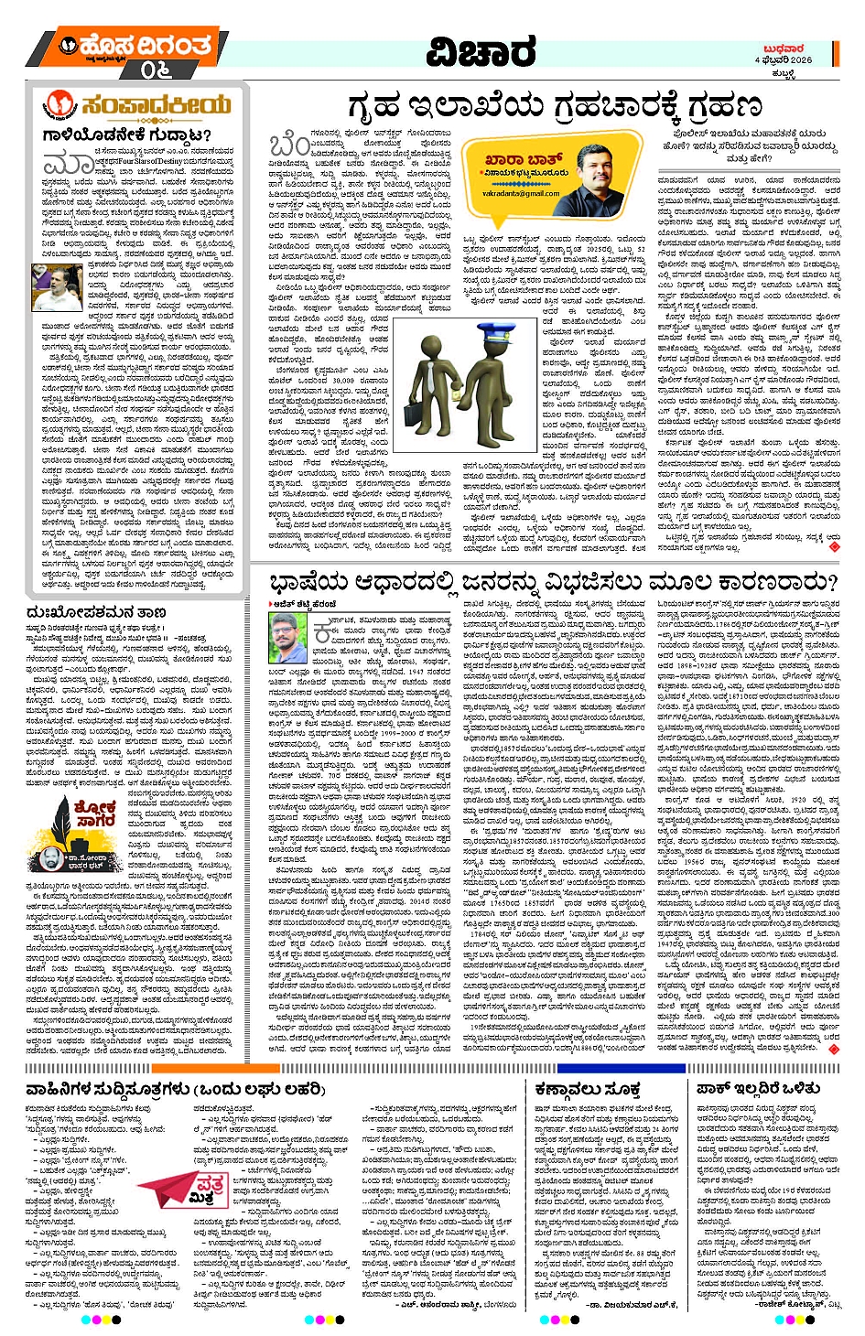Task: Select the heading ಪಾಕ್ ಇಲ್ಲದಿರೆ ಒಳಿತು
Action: [758, 1089]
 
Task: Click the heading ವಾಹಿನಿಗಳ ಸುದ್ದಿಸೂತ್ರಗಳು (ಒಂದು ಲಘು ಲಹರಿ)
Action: [176, 1089]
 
